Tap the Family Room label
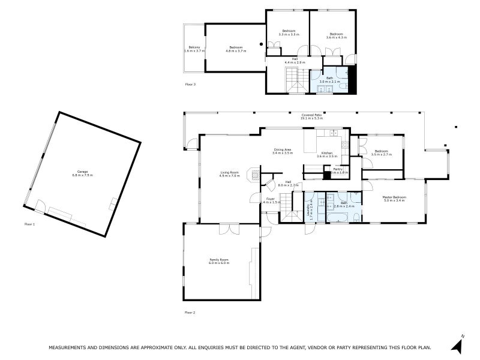coord(219,260)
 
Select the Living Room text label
coord(230,173)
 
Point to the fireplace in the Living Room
coord(256,175)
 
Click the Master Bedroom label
coord(395,197)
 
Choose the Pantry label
coord(338,170)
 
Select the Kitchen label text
coord(327,154)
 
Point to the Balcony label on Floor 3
coord(194,47)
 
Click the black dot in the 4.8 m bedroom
coord(260,44)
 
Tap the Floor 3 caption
coord(190,85)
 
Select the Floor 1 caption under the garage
coord(29,224)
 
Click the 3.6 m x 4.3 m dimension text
coord(336,37)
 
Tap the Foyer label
coord(271,199)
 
